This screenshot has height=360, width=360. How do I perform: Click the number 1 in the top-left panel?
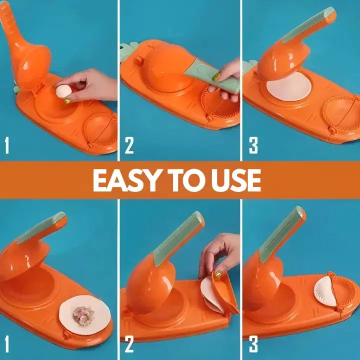tap(6, 145)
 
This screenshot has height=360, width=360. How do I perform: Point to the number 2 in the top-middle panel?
tap(129, 145)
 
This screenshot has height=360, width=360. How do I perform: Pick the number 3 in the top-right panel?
tap(253, 145)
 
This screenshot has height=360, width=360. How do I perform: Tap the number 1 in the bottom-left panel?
tap(6, 345)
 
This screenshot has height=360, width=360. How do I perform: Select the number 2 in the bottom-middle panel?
tap(129, 345)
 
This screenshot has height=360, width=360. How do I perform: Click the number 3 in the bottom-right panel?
tap(253, 345)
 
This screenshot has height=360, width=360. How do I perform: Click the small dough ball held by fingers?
tap(64, 91)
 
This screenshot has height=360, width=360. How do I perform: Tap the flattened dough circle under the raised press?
tap(288, 86)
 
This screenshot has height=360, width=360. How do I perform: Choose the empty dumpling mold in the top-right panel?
tap(340, 112)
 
